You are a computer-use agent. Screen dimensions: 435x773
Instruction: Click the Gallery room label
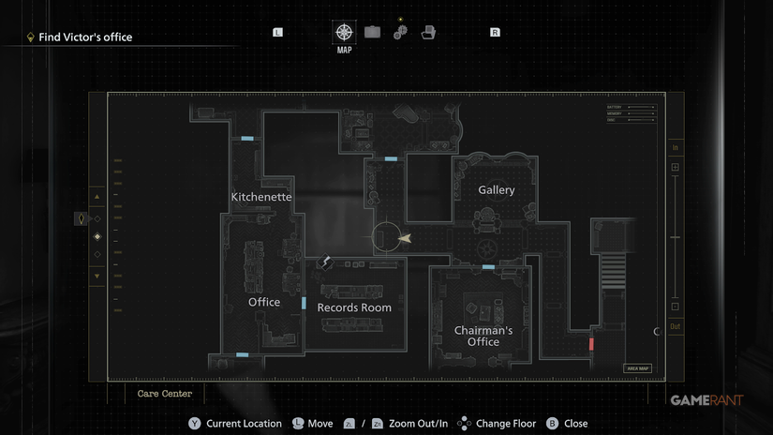(497, 190)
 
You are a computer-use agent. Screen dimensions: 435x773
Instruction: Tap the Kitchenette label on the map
(261, 197)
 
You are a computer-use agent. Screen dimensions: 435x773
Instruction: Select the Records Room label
(354, 307)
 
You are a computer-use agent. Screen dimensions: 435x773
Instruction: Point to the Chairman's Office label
(483, 337)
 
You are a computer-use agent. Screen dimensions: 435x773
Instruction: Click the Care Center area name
(165, 394)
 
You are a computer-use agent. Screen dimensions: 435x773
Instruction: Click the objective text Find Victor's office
(85, 37)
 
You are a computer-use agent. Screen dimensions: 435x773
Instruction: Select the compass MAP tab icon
(345, 32)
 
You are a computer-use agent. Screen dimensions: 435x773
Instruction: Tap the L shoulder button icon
(277, 32)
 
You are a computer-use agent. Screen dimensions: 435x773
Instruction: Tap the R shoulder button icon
(495, 32)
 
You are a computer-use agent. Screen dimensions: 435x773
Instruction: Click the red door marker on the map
(591, 344)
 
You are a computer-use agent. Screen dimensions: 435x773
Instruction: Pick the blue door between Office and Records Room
(304, 303)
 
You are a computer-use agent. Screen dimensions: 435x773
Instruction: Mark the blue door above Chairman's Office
(488, 267)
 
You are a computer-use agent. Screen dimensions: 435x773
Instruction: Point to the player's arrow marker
(404, 239)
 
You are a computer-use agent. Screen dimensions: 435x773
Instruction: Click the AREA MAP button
(637, 368)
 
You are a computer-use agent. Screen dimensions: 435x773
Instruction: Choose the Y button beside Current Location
(195, 424)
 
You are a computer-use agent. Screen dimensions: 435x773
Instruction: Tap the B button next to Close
(552, 424)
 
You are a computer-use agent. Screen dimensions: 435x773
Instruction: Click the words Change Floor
(506, 424)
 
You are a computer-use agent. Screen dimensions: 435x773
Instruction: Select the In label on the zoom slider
(675, 148)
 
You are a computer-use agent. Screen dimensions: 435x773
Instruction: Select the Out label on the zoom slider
(675, 326)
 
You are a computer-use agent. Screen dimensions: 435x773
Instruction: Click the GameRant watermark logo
(706, 400)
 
